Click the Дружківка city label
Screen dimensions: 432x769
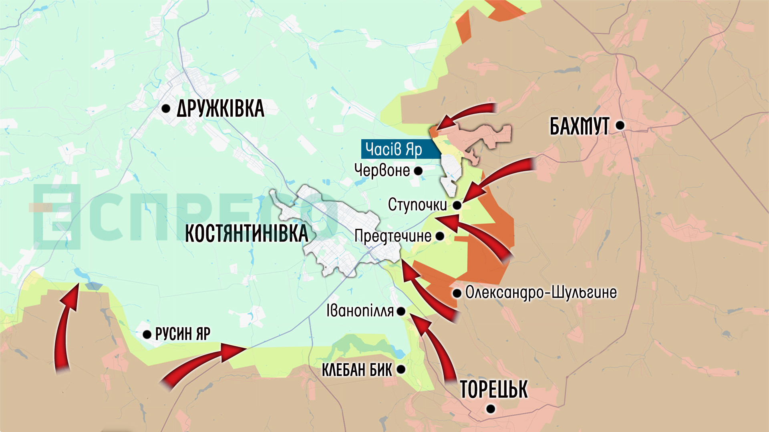tap(220, 108)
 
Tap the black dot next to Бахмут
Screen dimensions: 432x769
tap(620, 125)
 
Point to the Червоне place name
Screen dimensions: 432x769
tap(382, 170)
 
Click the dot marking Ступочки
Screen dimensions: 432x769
tap(457, 205)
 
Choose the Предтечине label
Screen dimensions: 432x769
tap(393, 236)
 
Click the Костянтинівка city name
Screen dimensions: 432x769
tap(246, 234)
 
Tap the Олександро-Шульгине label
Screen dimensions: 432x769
tap(541, 292)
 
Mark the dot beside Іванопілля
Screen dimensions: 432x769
tap(401, 311)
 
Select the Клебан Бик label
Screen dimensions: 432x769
tap(357, 370)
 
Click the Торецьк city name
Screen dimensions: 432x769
tap(493, 389)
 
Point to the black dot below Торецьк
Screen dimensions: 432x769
tap(491, 409)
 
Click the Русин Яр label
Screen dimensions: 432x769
tap(183, 334)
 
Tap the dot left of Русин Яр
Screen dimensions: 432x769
tap(147, 334)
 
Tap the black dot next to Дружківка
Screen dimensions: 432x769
tap(166, 108)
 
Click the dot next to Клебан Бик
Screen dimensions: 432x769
tap(401, 370)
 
